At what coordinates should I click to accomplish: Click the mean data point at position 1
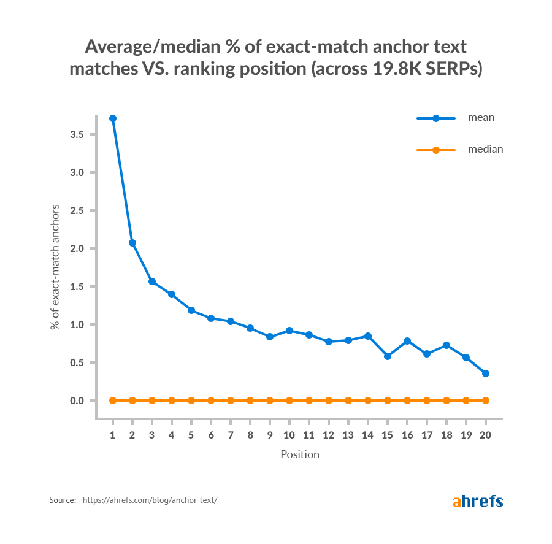(x=113, y=118)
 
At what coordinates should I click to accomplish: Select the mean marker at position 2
(x=132, y=243)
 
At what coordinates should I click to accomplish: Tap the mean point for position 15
(x=388, y=356)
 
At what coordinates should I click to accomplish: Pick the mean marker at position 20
(x=486, y=374)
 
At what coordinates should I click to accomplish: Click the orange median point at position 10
(x=289, y=400)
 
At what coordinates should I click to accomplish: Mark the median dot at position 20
(x=486, y=400)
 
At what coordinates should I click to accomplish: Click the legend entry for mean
(x=480, y=118)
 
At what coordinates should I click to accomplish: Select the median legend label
(x=485, y=149)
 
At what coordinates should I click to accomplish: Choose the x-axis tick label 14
(x=368, y=434)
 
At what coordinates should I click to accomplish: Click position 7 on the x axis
(x=231, y=434)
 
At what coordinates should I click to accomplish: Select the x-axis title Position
(x=300, y=454)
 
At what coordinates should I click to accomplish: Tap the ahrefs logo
(x=477, y=501)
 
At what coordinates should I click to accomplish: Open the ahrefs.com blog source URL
(x=150, y=500)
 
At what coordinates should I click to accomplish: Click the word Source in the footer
(x=63, y=500)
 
